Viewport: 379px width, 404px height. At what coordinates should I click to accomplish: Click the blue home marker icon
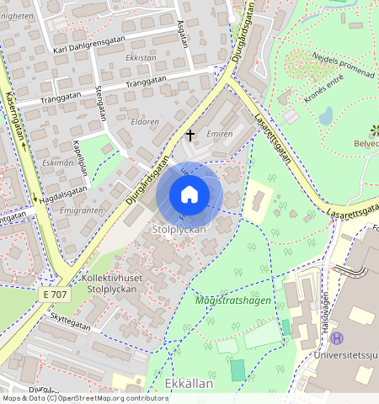pyautogui.click(x=189, y=194)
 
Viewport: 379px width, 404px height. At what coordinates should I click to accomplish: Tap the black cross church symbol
pyautogui.click(x=190, y=134)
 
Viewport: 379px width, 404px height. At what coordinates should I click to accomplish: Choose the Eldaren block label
pyautogui.click(x=145, y=121)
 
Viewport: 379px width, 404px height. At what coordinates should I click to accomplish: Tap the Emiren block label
pyautogui.click(x=219, y=134)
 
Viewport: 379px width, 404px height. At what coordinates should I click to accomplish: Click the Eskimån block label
pyautogui.click(x=57, y=162)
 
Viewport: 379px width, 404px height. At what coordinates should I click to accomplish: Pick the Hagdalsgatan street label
pyautogui.click(x=63, y=194)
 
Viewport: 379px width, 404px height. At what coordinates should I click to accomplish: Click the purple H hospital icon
pyautogui.click(x=338, y=338)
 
